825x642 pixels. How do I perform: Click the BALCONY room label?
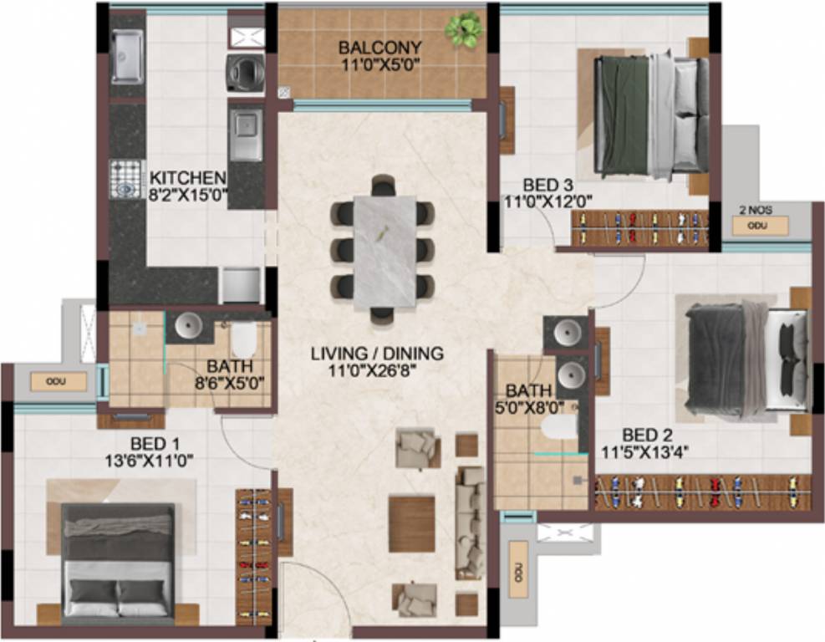tap(380, 48)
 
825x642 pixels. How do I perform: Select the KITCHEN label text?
tap(187, 178)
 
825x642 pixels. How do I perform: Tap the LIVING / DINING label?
tap(377, 354)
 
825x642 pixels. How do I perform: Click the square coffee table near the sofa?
tap(411, 523)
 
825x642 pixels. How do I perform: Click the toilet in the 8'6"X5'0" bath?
tap(244, 339)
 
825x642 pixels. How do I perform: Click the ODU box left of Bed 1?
tap(59, 382)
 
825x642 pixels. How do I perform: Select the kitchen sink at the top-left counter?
tap(128, 58)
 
